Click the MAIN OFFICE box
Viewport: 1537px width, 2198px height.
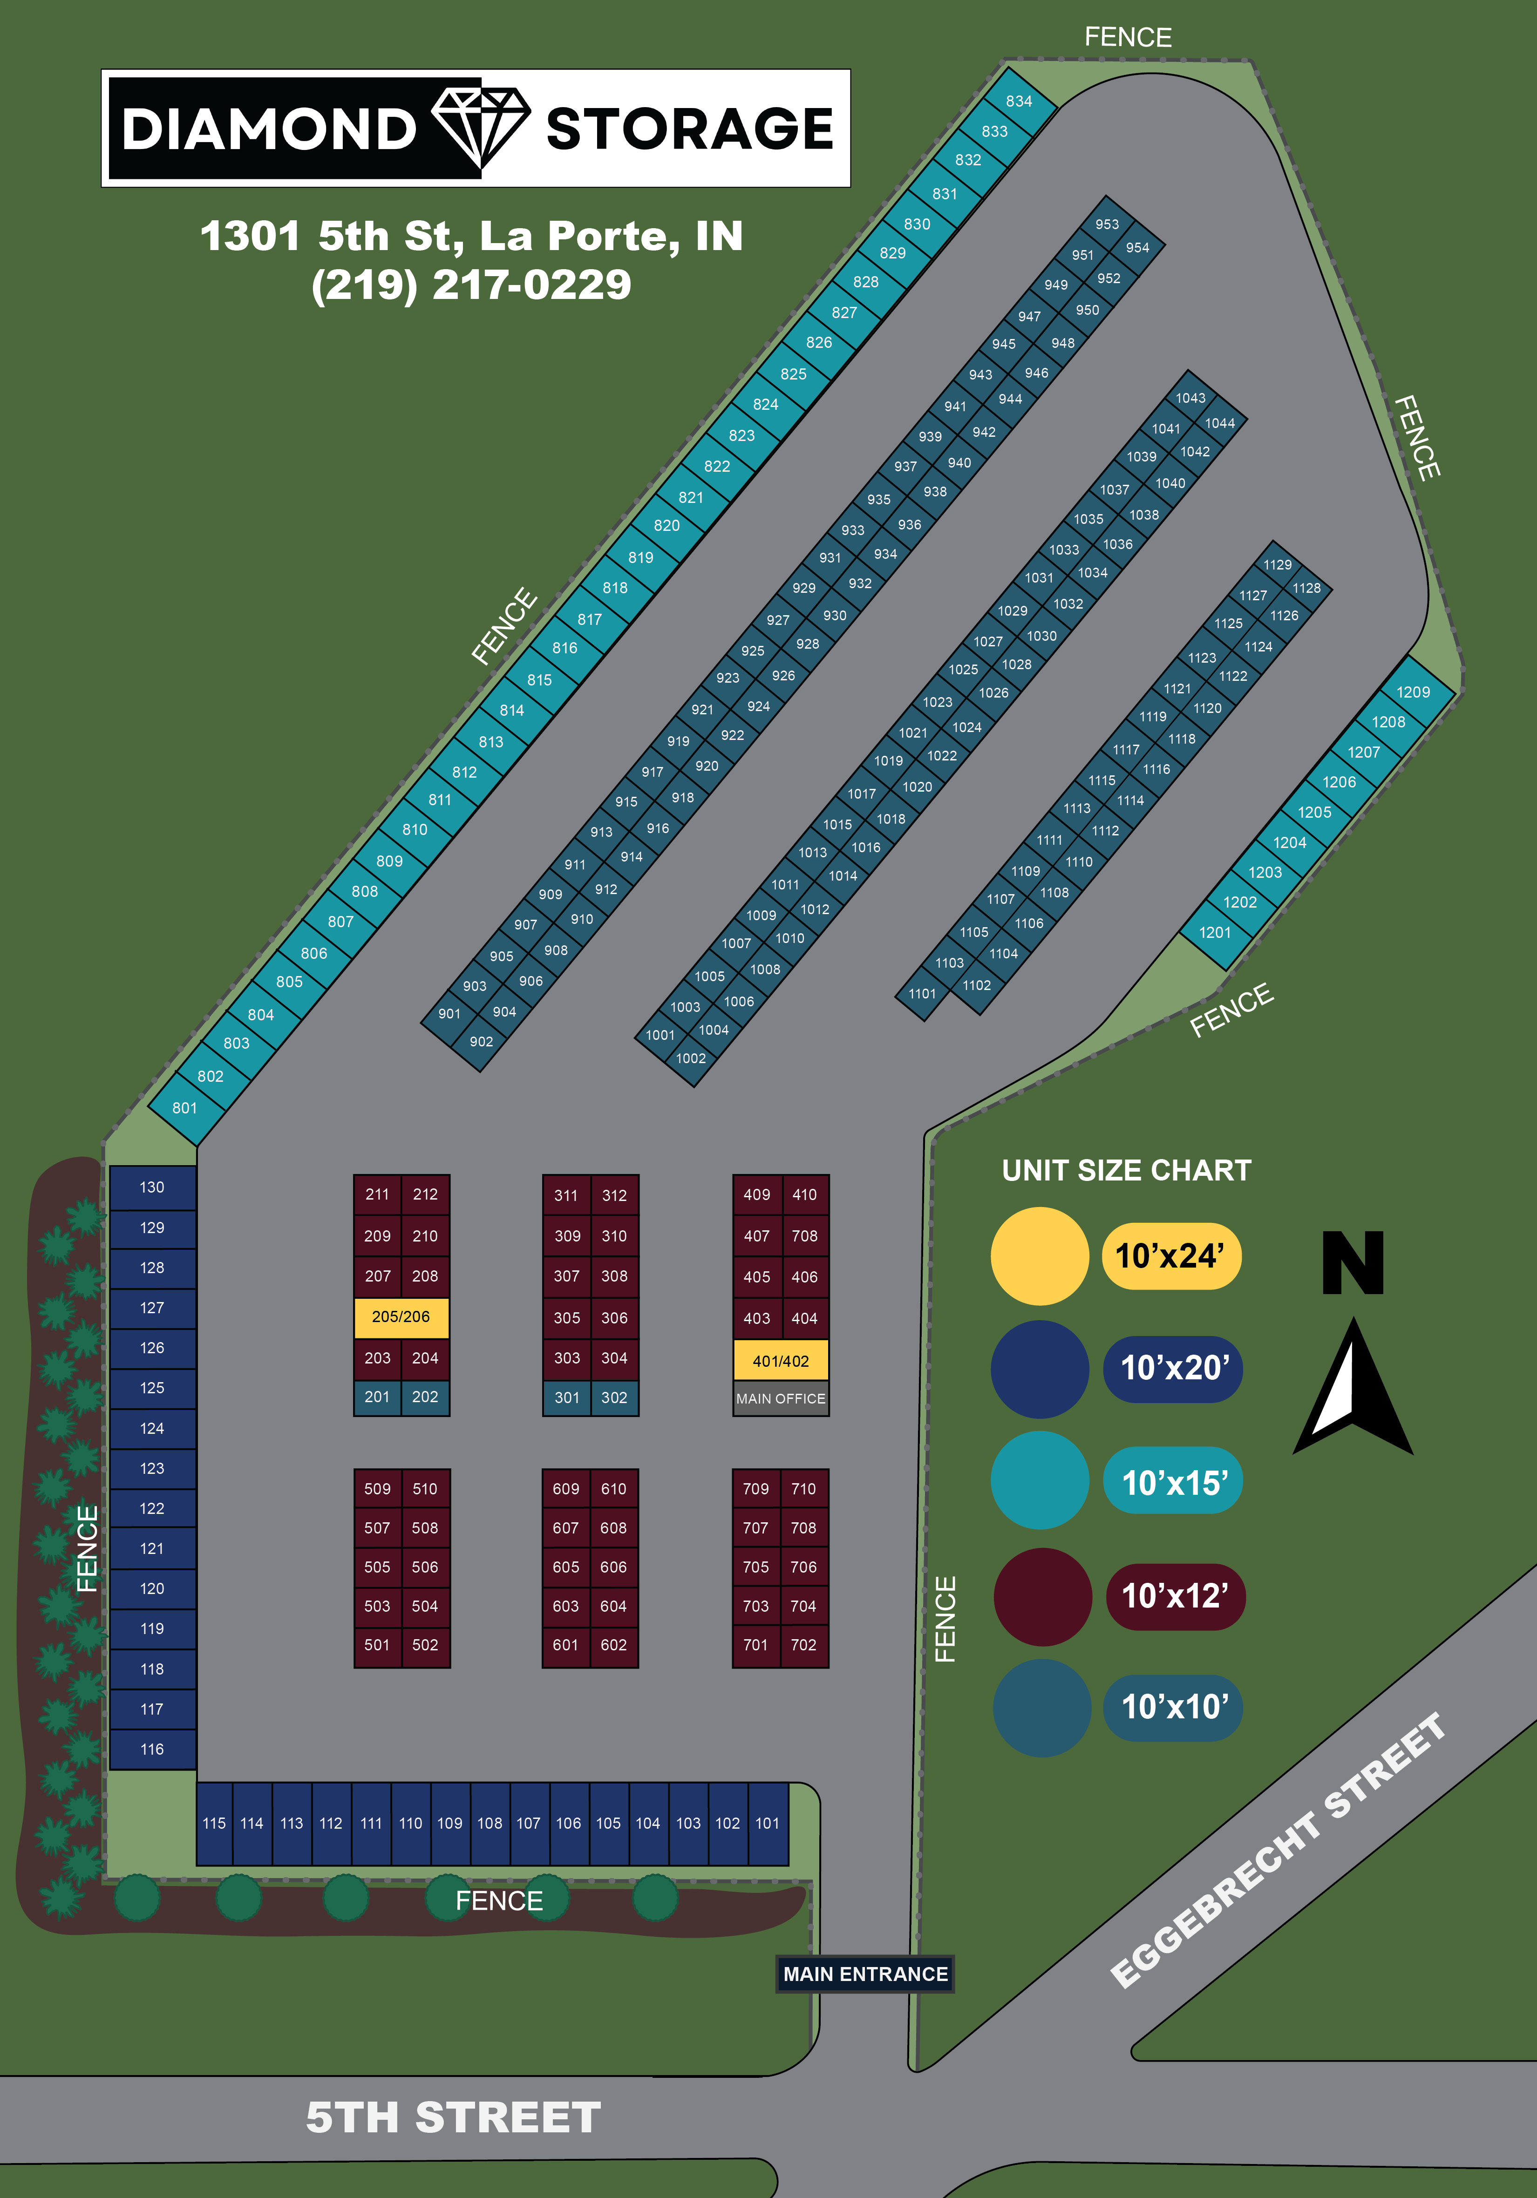coord(781,1397)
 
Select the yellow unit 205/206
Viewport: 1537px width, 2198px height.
coord(401,1317)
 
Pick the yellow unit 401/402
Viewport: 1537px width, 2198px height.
coord(781,1360)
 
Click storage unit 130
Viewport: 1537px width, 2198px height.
coord(152,1187)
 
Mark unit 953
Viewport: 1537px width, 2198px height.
coord(1107,224)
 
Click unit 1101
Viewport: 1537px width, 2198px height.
coord(922,994)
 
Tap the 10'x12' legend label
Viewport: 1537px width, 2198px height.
coord(1175,1596)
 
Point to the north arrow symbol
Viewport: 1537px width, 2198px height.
coord(1353,1385)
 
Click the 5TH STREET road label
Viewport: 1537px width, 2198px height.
coord(453,2117)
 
